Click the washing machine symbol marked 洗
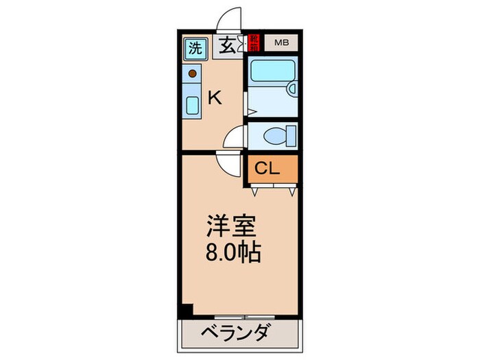pos(195,49)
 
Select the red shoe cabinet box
pos(254,43)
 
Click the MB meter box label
pos(282,43)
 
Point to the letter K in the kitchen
pos(215,98)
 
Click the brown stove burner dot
pos(193,73)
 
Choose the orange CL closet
pos(272,169)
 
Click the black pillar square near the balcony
pos(185,311)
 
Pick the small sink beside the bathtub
pos(291,88)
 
